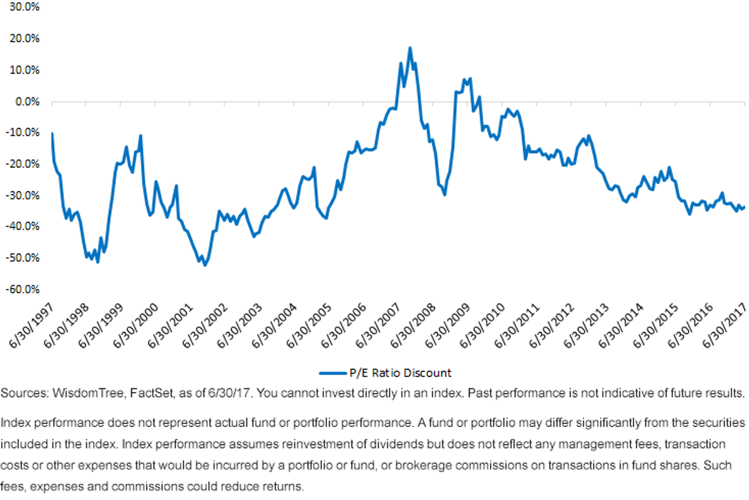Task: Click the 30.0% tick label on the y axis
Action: pyautogui.click(x=24, y=7)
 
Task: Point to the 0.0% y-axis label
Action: pyautogui.click(x=27, y=102)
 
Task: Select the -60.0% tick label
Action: pyautogui.click(x=22, y=289)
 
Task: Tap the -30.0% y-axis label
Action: pyautogui.click(x=22, y=195)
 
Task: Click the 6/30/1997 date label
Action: pyautogui.click(x=31, y=325)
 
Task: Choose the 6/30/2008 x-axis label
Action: pyautogui.click(x=413, y=325)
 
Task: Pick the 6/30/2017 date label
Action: pyautogui.click(x=725, y=325)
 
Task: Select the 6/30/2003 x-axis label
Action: pyautogui.click(x=240, y=325)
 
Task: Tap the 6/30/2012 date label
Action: pyautogui.click(x=552, y=325)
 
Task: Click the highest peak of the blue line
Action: pyautogui.click(x=410, y=48)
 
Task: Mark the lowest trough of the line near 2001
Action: pyautogui.click(x=205, y=265)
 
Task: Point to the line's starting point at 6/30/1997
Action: pyautogui.click(x=52, y=134)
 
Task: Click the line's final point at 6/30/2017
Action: pyautogui.click(x=744, y=207)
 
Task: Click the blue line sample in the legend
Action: pyautogui.click(x=333, y=373)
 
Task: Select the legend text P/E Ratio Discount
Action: pyautogui.click(x=400, y=373)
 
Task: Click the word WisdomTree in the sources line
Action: pyautogui.click(x=89, y=393)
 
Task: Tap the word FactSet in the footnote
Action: pyautogui.click(x=152, y=393)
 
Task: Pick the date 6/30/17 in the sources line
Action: pyautogui.click(x=228, y=393)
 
